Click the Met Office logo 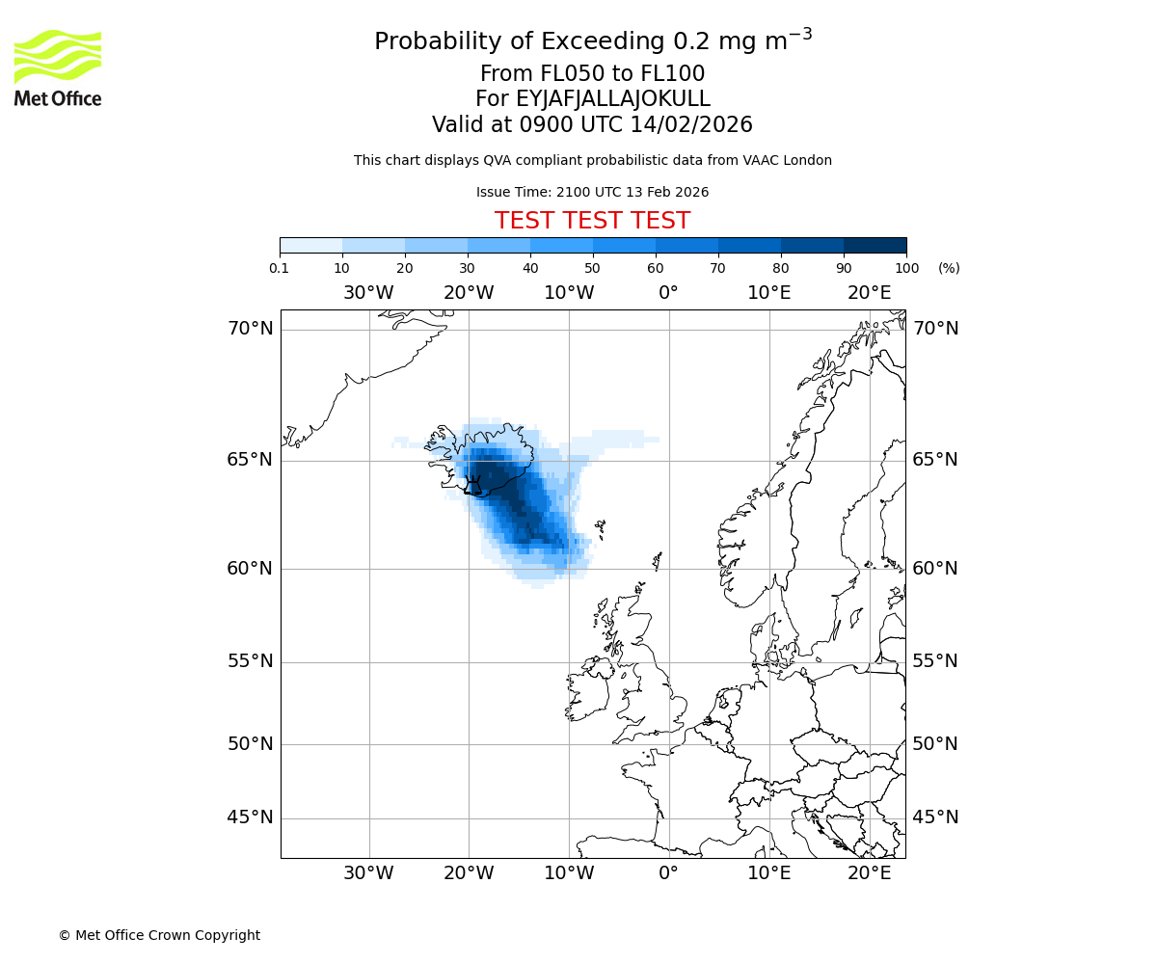pos(58,67)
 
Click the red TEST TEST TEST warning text pos(592,222)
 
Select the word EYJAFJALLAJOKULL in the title pos(613,99)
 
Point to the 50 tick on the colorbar pos(593,268)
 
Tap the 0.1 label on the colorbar pos(280,268)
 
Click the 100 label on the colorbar pos(906,268)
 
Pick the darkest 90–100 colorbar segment pos(874,245)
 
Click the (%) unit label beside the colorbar pos(949,268)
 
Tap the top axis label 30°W pos(368,293)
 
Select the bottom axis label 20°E pos(869,874)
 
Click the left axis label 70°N pos(250,329)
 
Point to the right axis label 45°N pos(935,817)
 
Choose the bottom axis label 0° pos(668,874)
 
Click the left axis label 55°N pos(250,661)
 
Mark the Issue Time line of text pos(592,193)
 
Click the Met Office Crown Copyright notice pos(159,935)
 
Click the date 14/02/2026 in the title pos(691,125)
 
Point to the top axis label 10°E pos(768,293)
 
